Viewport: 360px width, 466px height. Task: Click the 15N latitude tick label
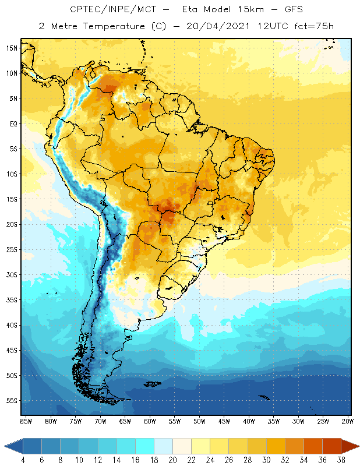tap(12, 48)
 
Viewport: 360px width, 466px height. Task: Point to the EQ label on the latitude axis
tap(13, 123)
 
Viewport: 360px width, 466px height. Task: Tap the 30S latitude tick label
tap(12, 274)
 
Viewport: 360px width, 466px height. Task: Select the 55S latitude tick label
tap(12, 401)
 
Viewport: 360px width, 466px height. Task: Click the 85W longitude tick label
tap(26, 421)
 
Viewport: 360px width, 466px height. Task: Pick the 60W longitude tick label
tap(150, 421)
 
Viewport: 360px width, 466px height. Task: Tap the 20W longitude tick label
tap(348, 421)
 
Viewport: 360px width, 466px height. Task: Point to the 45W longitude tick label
tap(224, 421)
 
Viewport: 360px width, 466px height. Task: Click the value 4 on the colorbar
tap(23, 460)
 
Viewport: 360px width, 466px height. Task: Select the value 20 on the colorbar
tap(172, 460)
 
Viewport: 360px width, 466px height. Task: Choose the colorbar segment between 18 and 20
tap(163, 446)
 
